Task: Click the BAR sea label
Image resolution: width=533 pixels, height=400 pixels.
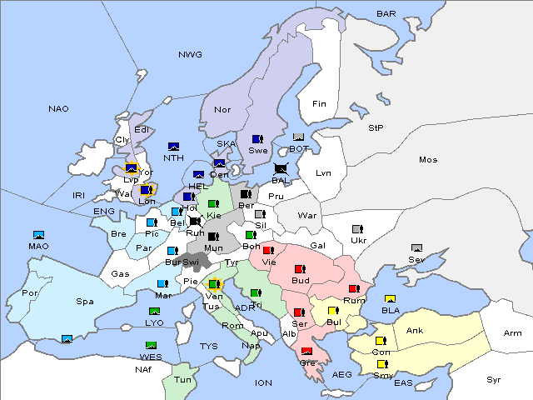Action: [x=386, y=13]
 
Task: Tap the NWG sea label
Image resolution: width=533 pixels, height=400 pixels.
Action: [x=190, y=54]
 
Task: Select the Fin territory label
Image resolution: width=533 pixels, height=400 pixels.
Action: [x=319, y=104]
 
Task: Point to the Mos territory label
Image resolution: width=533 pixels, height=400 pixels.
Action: [x=428, y=159]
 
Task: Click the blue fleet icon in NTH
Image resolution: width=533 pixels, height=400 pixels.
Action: [x=174, y=147]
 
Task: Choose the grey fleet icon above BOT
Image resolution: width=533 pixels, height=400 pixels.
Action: [x=299, y=137]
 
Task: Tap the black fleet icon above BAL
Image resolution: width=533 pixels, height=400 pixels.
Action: [x=281, y=168]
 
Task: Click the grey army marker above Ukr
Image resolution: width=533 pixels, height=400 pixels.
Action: [x=358, y=229]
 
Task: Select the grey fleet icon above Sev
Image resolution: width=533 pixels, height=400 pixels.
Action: [x=416, y=247]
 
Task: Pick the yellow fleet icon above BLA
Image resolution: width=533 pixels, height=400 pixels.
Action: [x=389, y=298]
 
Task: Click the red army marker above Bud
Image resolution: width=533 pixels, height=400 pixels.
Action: [x=301, y=268]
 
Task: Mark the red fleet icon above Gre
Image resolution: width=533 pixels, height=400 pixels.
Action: [x=306, y=351]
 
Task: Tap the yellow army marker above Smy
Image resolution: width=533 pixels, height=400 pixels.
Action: [x=382, y=363]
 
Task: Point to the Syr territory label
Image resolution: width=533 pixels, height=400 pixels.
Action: [x=495, y=379]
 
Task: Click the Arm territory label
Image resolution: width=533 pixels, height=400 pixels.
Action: [x=513, y=333]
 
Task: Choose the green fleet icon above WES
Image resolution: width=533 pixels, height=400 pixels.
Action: [x=151, y=345]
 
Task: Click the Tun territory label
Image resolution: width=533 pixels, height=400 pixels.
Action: [x=183, y=379]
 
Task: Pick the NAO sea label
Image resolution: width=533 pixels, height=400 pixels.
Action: [x=58, y=108]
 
